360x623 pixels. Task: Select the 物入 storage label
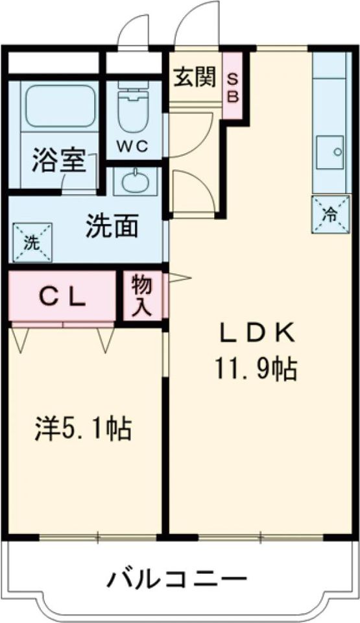click(x=141, y=296)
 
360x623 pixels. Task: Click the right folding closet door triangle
click(x=105, y=339)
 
